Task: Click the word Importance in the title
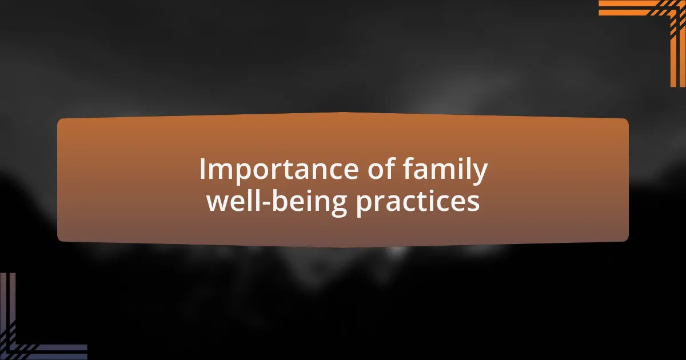(279, 170)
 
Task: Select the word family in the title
(445, 170)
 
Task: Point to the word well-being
(277, 202)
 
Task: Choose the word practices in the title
(418, 203)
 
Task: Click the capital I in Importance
(202, 169)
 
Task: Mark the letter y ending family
(479, 174)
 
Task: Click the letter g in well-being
(338, 206)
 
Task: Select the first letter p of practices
(363, 206)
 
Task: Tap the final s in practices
(474, 203)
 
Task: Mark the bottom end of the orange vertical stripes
(678, 87)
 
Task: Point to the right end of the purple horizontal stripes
(87, 352)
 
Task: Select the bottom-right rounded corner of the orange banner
(627, 239)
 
